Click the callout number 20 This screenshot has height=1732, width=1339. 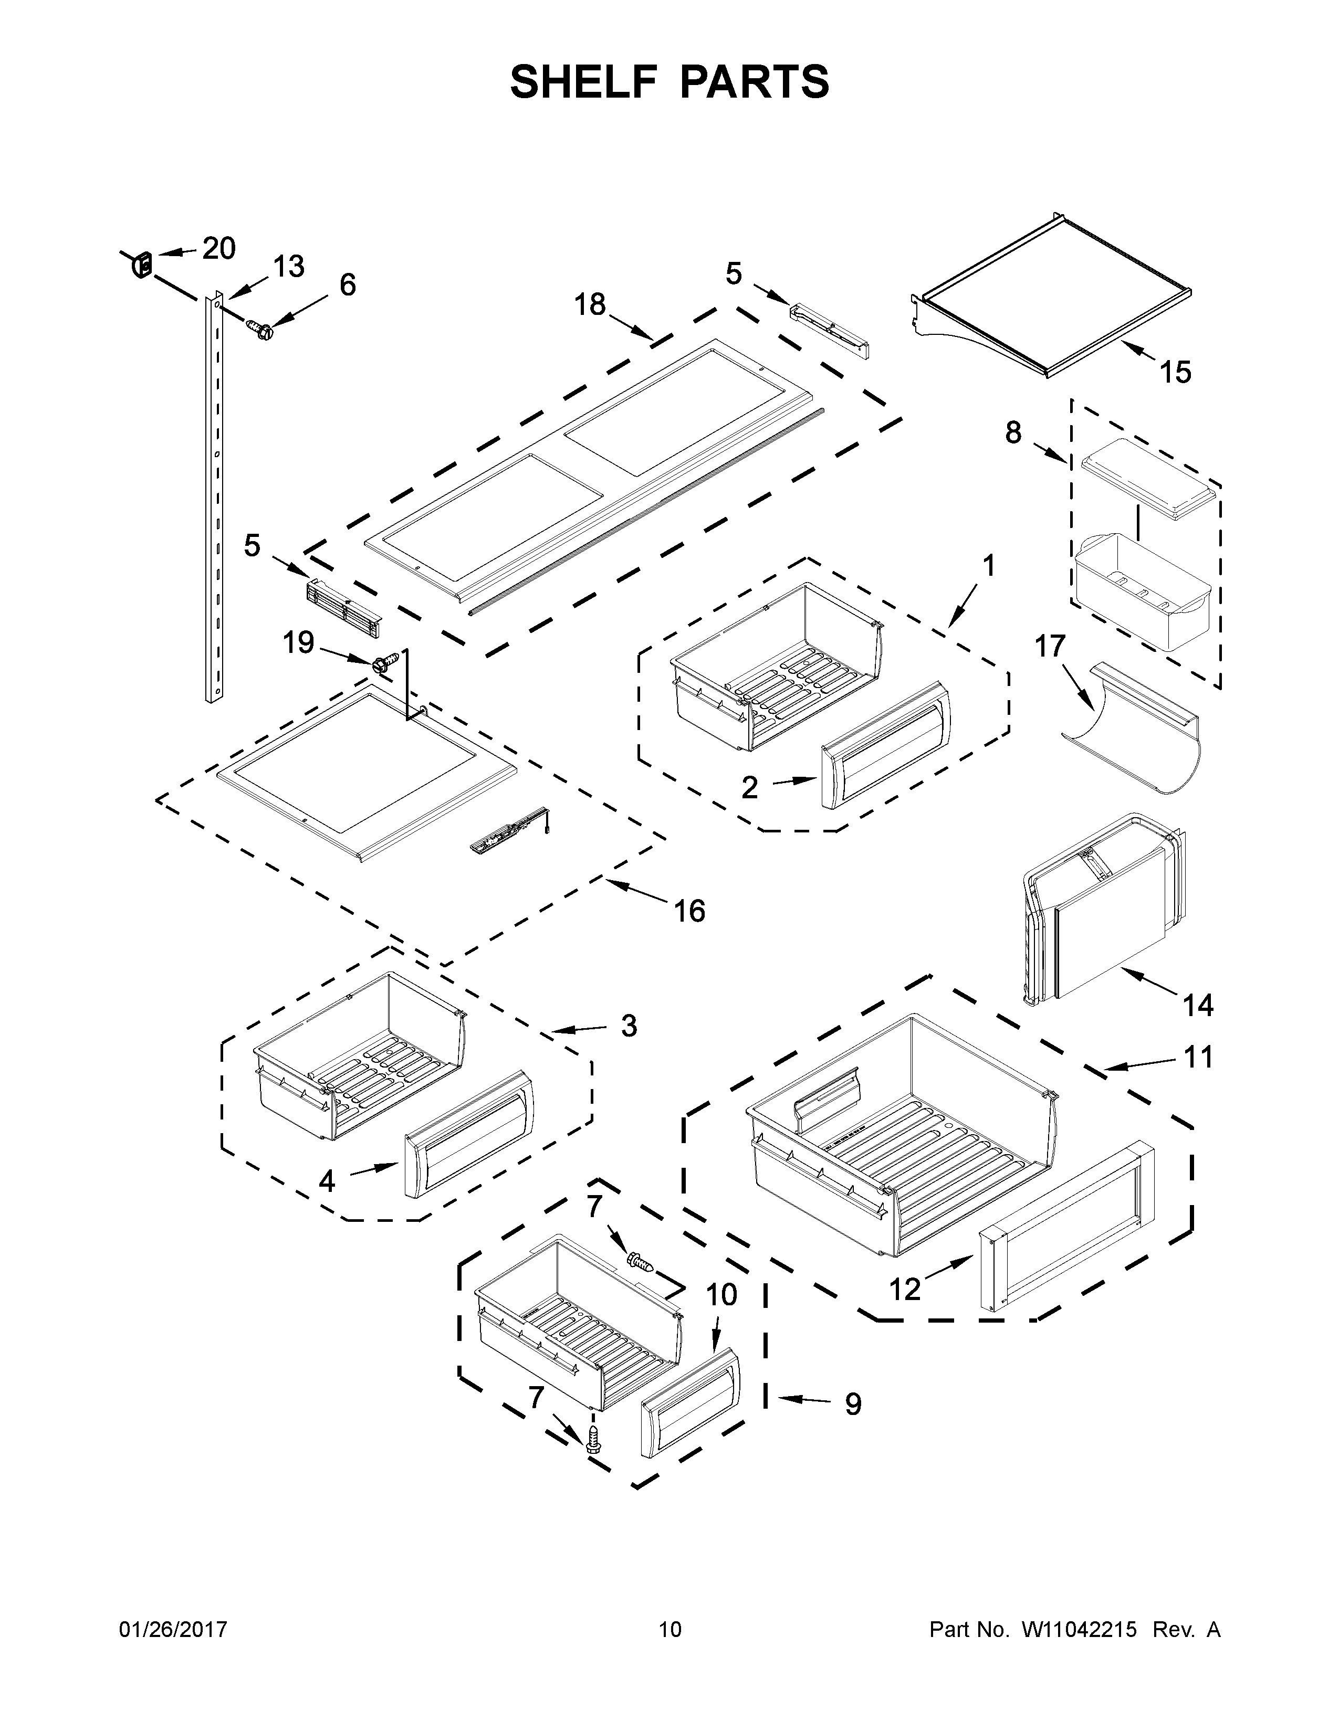click(x=219, y=249)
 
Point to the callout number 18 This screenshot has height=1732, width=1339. click(x=590, y=304)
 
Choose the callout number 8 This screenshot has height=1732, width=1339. click(x=1013, y=433)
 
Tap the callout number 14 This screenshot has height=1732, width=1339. click(x=1198, y=1006)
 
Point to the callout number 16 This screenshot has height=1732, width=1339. click(x=689, y=911)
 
